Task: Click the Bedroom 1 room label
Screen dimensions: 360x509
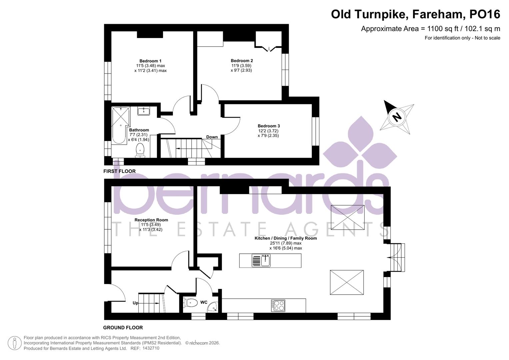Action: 150,61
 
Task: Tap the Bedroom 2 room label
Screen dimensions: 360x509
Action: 242,61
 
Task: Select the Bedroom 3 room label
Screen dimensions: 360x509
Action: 269,126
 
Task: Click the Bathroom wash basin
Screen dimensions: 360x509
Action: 144,111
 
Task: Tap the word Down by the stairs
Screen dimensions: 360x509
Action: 212,137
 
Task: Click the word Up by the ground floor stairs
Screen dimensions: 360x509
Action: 135,303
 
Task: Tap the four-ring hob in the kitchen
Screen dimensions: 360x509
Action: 278,306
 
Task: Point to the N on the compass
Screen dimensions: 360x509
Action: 397,117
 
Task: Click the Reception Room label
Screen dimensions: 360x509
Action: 151,220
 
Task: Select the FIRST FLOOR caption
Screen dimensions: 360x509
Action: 119,171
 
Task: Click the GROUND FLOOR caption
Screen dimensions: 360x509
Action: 123,328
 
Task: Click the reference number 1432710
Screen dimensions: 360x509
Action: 151,348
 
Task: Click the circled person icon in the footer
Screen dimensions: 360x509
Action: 14,343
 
